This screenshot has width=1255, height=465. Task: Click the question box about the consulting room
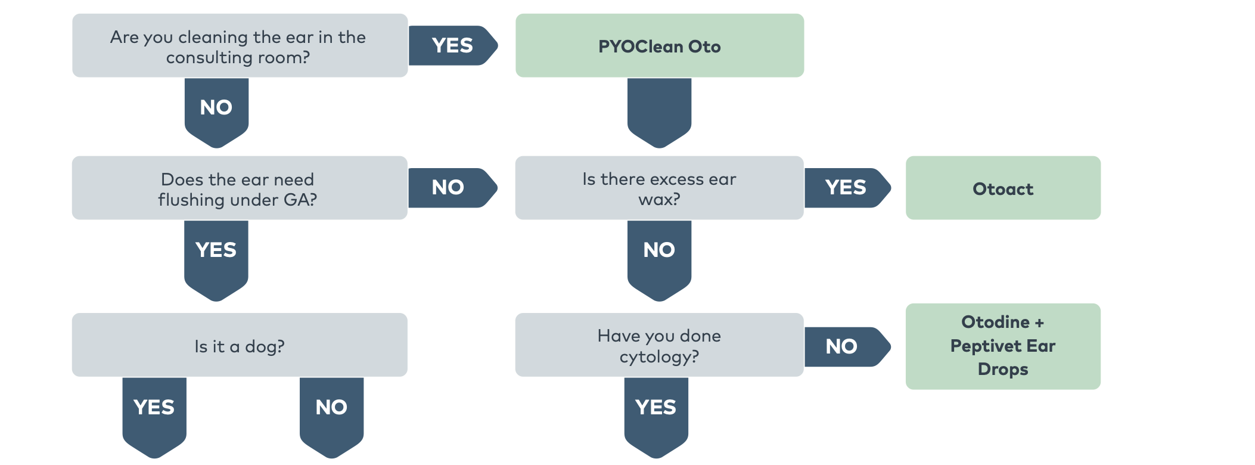(x=240, y=46)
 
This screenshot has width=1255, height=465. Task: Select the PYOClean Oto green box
(x=659, y=46)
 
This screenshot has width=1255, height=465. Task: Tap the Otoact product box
(x=1002, y=188)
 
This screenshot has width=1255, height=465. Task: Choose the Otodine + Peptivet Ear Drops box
(x=1002, y=346)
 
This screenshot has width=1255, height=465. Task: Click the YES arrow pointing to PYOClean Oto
(x=452, y=46)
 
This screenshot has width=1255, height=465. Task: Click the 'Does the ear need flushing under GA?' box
(x=240, y=188)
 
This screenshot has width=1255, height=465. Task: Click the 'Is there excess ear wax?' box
(x=659, y=188)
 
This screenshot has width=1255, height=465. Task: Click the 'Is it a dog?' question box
(x=240, y=345)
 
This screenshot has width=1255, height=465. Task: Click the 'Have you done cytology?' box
(x=659, y=345)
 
